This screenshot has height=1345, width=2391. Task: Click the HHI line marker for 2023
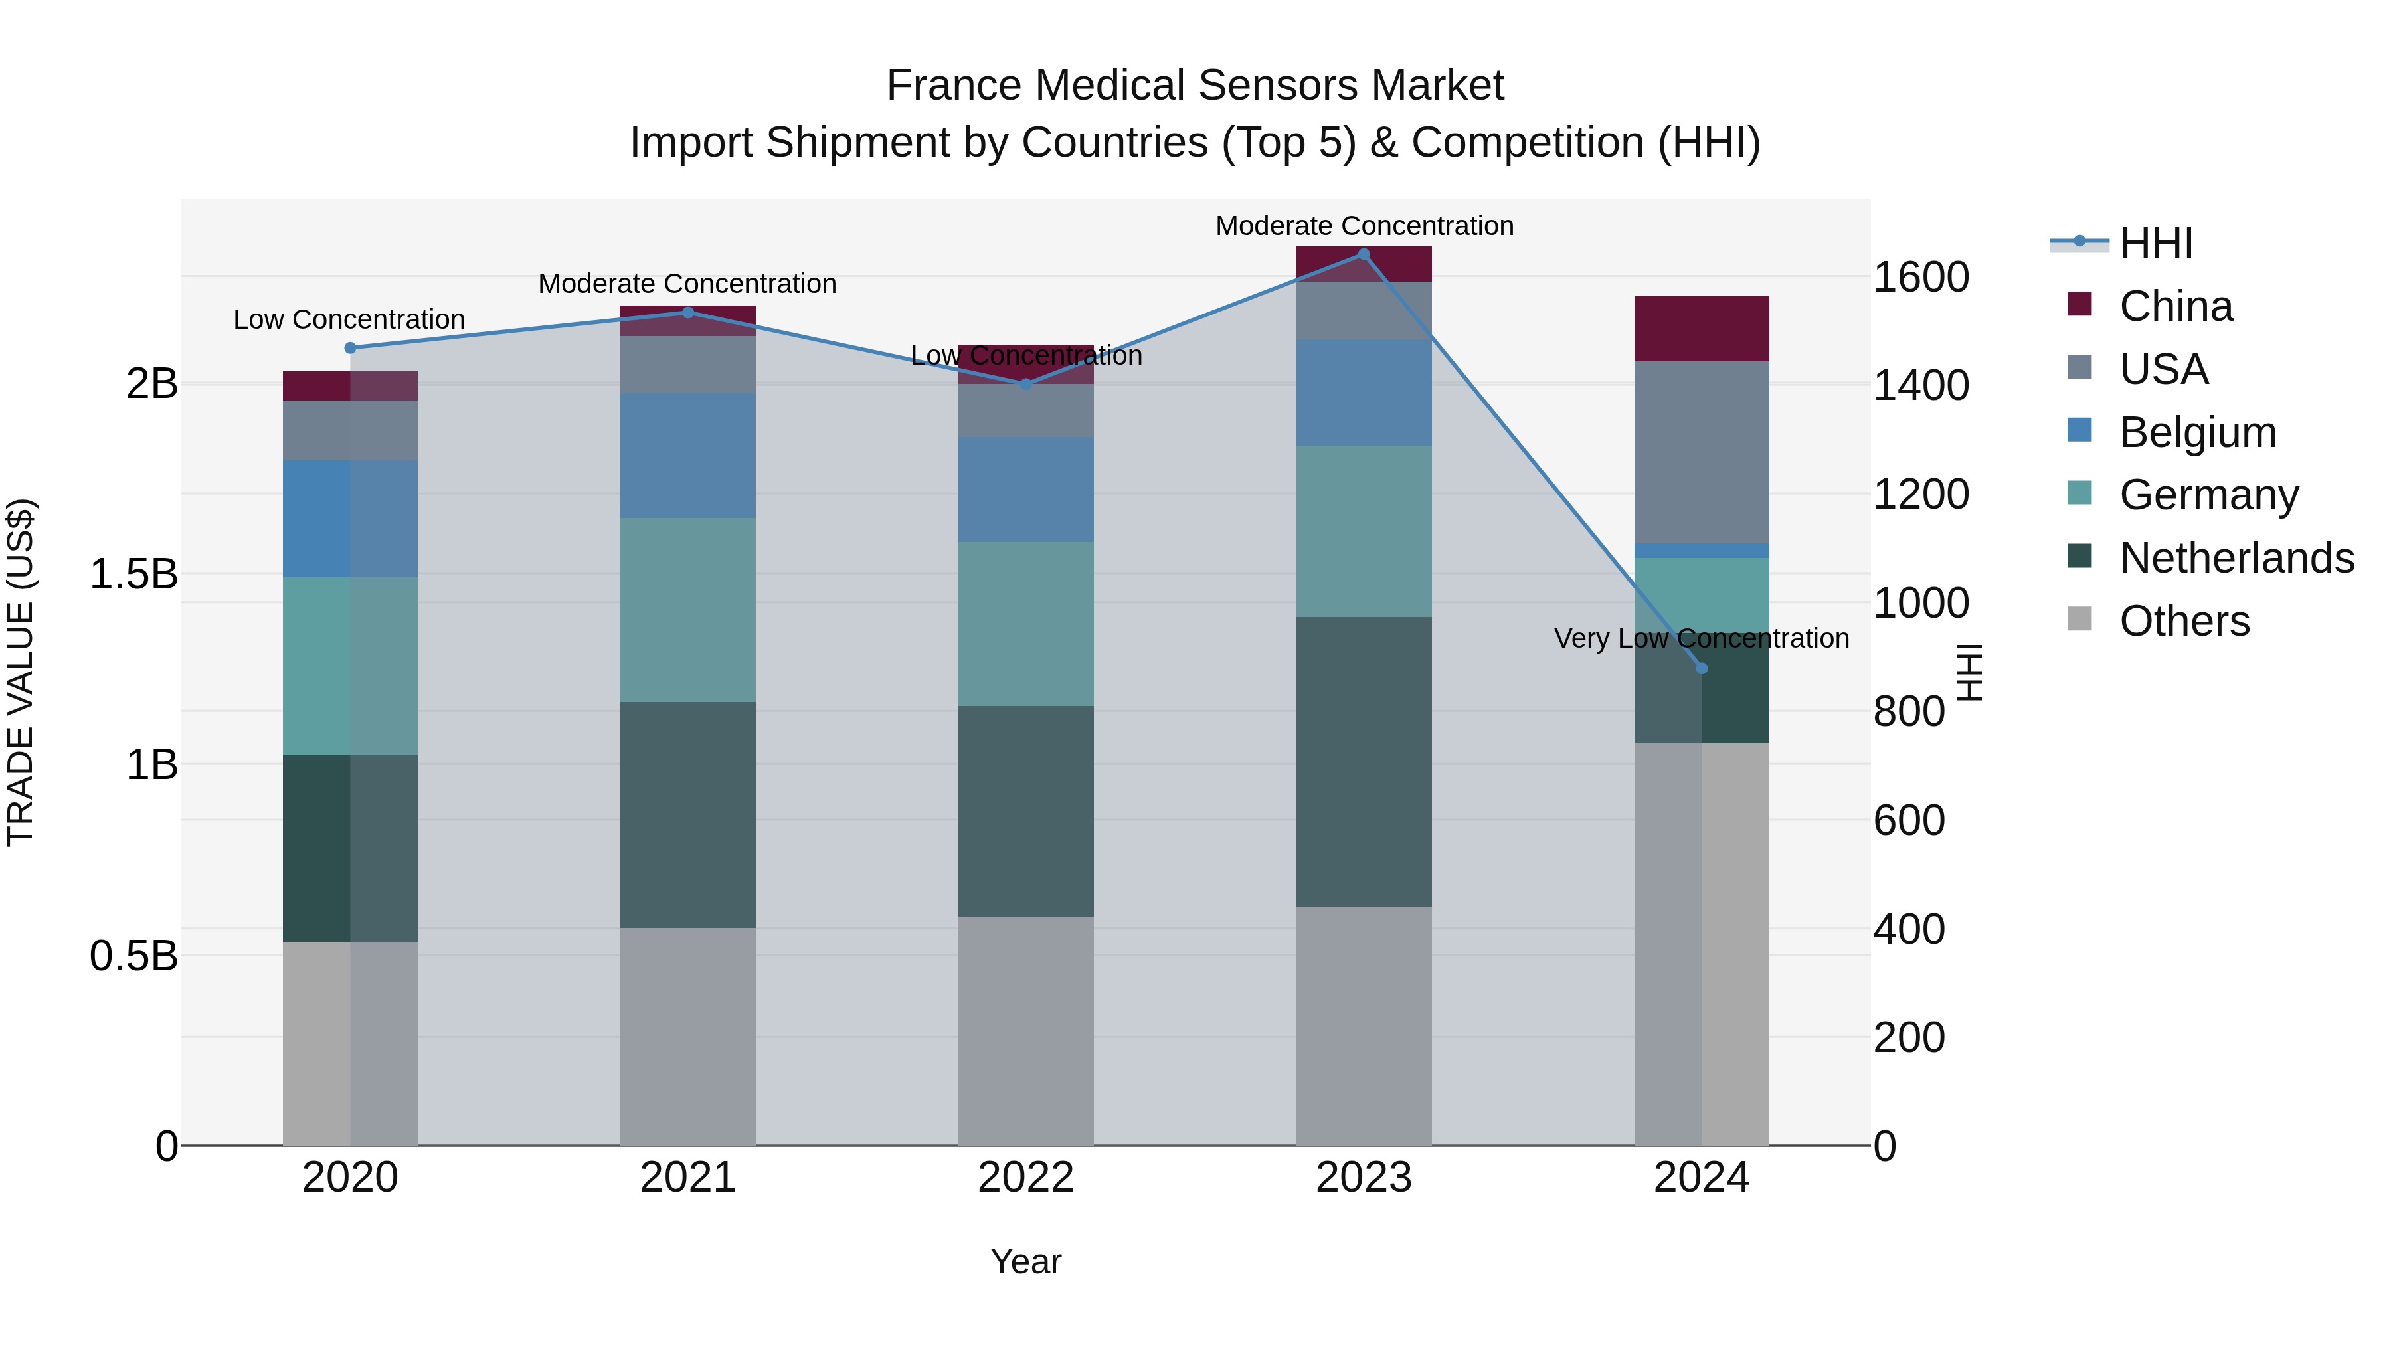point(1364,254)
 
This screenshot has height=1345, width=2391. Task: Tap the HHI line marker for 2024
point(1702,668)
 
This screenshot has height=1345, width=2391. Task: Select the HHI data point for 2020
point(350,348)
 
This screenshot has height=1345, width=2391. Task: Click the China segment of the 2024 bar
point(1702,329)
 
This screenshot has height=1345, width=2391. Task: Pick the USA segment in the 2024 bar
point(1702,452)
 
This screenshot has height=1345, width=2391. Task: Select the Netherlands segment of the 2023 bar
point(1364,761)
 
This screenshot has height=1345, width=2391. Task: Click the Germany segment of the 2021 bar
point(688,610)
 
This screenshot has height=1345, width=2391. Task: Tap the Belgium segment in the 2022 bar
point(1025,489)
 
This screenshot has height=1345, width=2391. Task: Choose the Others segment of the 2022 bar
point(1025,1030)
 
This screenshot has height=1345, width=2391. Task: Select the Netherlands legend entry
point(2235,558)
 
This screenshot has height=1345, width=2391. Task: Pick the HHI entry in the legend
point(2155,243)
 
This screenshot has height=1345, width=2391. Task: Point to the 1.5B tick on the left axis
point(133,575)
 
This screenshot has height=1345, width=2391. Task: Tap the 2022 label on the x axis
point(1025,1178)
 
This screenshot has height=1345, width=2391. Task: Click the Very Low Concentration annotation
point(1702,638)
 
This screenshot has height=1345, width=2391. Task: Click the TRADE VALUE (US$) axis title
point(21,672)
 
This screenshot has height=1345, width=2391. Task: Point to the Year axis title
point(1025,1261)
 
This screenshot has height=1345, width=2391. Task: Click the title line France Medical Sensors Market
point(1195,86)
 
